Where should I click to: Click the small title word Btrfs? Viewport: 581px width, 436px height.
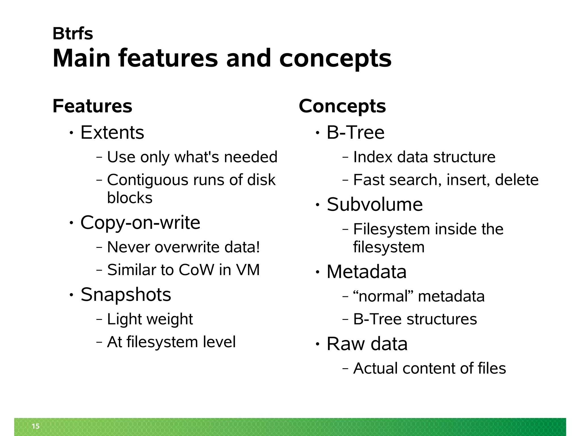click(x=73, y=33)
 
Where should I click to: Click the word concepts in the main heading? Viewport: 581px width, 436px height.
click(x=335, y=58)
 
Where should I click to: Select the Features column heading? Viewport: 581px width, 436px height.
click(x=92, y=106)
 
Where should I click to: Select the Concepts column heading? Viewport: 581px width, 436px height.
click(x=342, y=106)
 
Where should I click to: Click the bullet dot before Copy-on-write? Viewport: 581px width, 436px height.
click(x=71, y=223)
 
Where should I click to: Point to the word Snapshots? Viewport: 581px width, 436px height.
click(x=126, y=294)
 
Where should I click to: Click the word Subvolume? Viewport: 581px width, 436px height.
click(x=374, y=204)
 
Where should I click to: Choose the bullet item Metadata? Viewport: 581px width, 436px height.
click(x=367, y=272)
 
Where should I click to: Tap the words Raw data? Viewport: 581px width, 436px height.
click(x=367, y=344)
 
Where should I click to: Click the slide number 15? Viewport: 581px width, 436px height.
click(x=36, y=426)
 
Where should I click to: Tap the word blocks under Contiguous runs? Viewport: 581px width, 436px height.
click(x=130, y=198)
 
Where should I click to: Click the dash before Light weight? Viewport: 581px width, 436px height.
click(x=99, y=319)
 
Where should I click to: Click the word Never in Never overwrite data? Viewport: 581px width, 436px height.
click(x=129, y=247)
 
